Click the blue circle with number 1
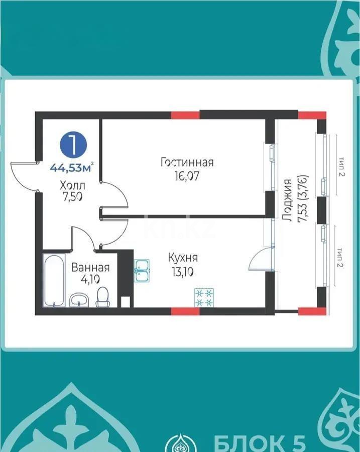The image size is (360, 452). point(73,146)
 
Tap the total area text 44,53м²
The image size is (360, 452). point(72,167)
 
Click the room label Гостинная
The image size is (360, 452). point(187,162)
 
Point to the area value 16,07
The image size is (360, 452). point(187,176)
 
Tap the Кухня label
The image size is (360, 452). point(183,258)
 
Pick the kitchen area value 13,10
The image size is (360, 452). point(183,272)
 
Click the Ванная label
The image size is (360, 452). point(90,268)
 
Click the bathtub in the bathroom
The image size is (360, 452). point(54,280)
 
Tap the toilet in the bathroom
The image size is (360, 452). point(102,297)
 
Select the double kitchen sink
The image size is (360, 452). point(142,270)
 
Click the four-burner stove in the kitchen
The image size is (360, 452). point(204,297)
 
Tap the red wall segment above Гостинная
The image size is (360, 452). point(185,115)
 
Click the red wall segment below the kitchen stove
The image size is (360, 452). point(185,311)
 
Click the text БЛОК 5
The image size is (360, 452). point(260,442)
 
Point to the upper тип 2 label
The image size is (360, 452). point(342,167)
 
